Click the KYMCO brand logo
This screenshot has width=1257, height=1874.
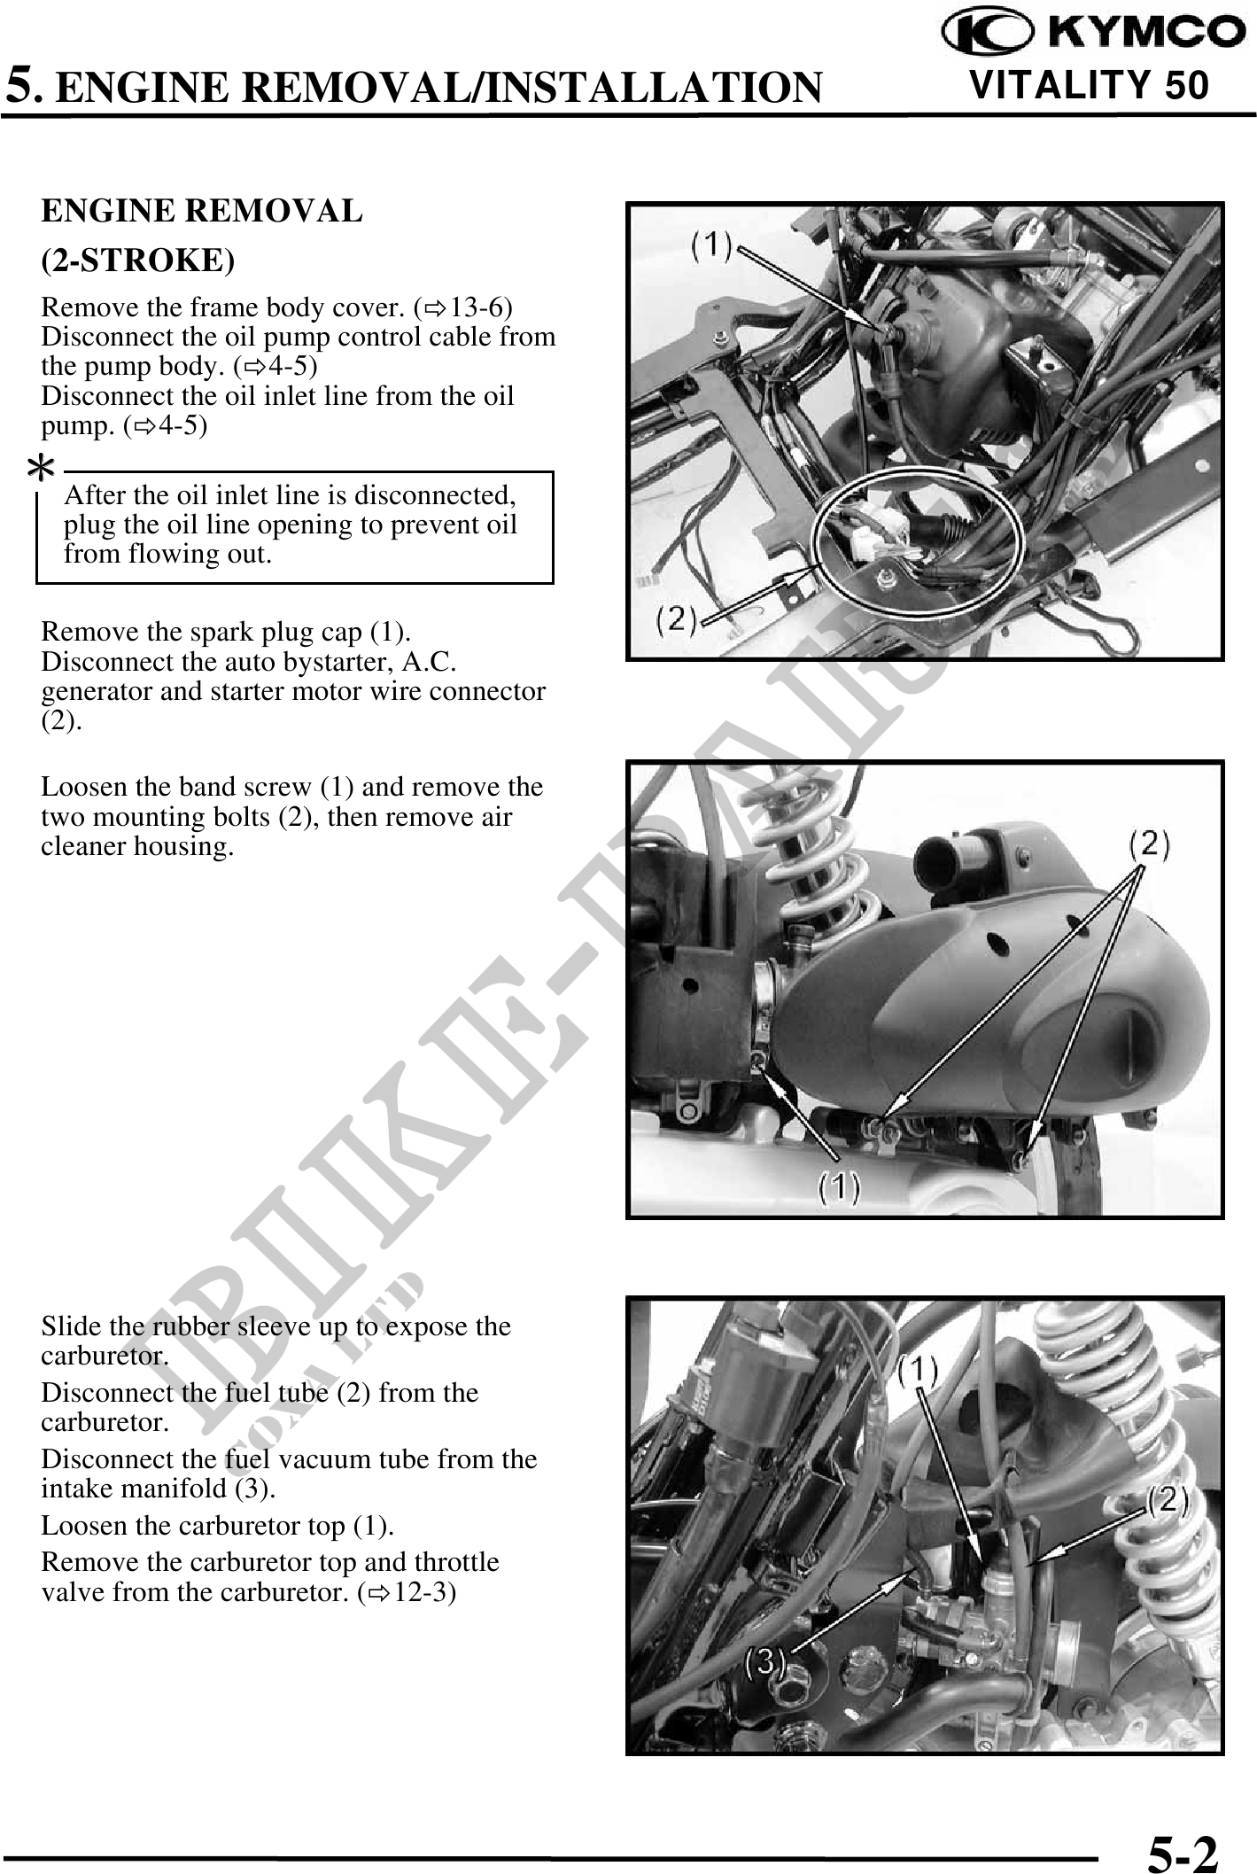click(1093, 34)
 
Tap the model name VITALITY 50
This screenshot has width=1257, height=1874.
click(1089, 85)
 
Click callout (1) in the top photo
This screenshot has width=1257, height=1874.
click(711, 245)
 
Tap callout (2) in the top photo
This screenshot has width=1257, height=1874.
click(676, 619)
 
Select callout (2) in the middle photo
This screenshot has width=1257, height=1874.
click(1149, 844)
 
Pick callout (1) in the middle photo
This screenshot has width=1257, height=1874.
click(838, 1186)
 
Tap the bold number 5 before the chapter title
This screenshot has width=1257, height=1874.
click(21, 86)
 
